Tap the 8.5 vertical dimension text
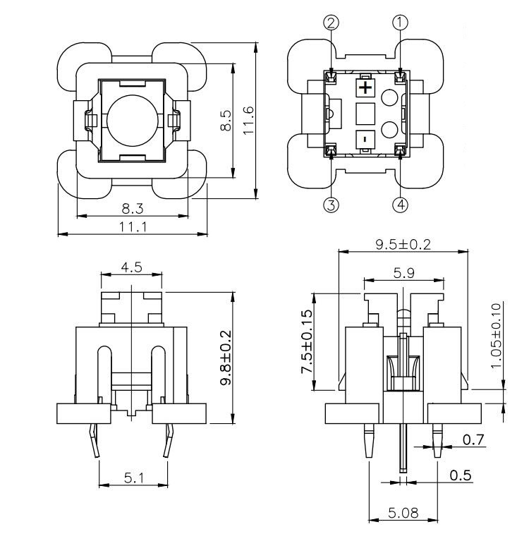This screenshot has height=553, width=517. [225, 120]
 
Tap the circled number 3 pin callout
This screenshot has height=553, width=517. [331, 205]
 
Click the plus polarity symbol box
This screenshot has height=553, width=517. [365, 88]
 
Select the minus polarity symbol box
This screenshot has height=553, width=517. [365, 139]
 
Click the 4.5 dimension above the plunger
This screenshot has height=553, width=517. [131, 267]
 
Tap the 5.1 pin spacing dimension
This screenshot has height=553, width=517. [133, 478]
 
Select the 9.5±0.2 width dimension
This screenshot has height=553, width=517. [403, 244]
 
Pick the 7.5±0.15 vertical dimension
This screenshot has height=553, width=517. [306, 341]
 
